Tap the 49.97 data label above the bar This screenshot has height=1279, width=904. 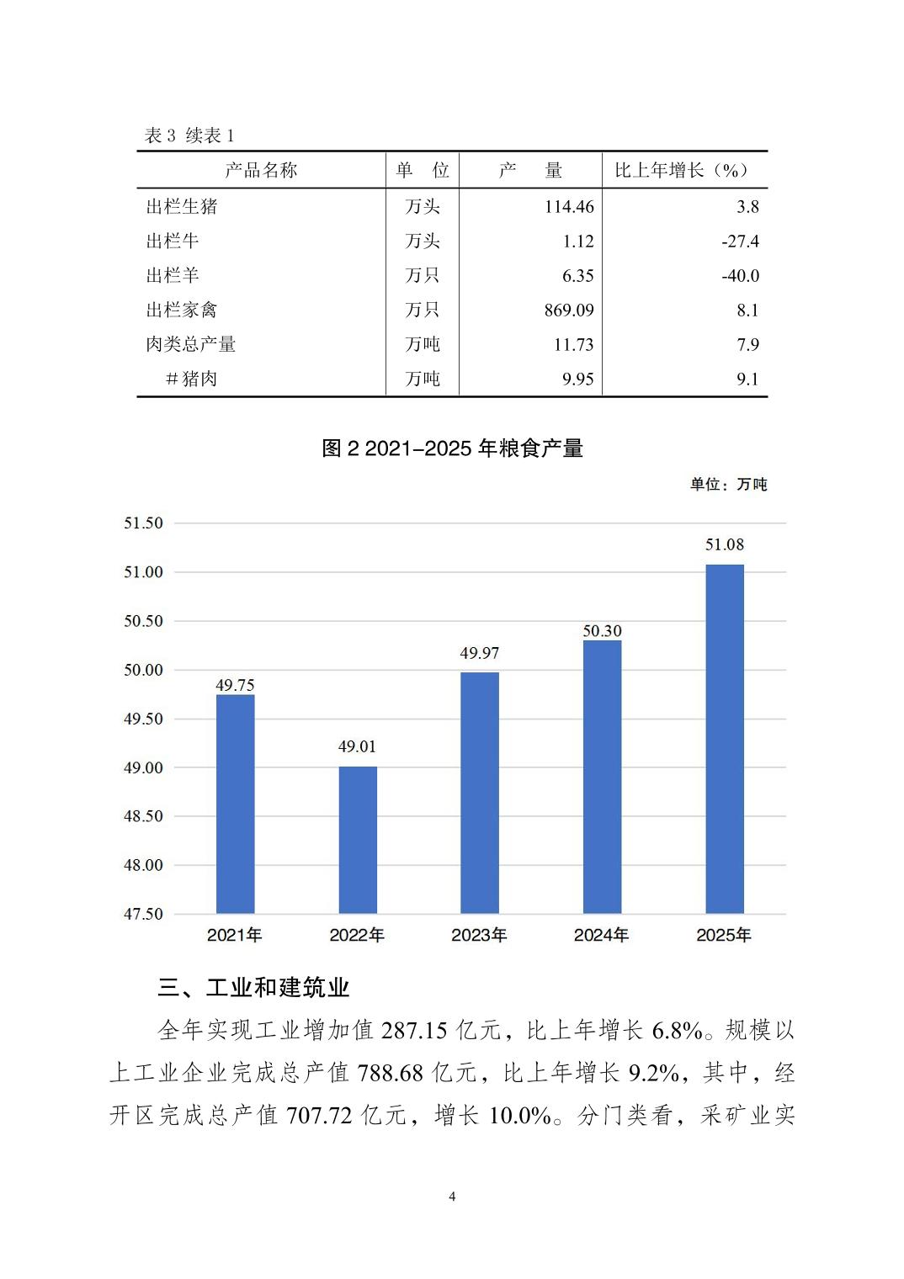479,653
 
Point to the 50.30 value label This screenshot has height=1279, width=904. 602,631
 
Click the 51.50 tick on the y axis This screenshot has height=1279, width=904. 143,523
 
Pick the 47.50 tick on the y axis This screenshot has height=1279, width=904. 143,914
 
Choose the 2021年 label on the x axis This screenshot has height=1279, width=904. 235,935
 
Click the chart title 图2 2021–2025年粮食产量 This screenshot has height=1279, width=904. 452,448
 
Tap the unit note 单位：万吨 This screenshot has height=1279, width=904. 728,485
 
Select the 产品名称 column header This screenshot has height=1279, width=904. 261,171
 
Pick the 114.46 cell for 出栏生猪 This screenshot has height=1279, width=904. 569,207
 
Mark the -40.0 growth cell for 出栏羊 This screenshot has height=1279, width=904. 740,276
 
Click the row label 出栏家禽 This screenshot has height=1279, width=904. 182,310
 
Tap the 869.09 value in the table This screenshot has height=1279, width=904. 569,310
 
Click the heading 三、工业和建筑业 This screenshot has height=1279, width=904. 253,987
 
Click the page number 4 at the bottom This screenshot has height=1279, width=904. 452,1197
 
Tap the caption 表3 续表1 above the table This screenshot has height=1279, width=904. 189,136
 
